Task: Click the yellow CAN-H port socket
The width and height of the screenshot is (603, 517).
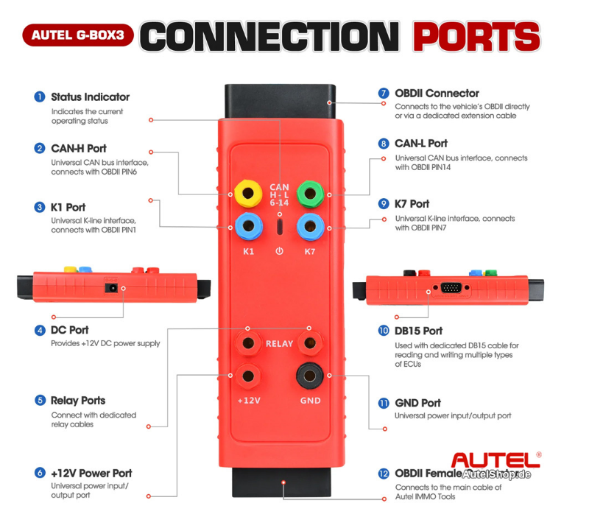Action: coord(248,194)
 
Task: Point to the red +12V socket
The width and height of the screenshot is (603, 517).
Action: coord(248,376)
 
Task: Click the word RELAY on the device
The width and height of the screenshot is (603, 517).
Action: coord(279,343)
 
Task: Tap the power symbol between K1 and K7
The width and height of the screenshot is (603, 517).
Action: coord(279,251)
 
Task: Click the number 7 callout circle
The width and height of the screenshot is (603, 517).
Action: coord(384,94)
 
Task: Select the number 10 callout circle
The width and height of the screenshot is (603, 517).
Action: coord(384,331)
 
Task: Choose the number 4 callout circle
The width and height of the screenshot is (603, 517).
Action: coord(40,330)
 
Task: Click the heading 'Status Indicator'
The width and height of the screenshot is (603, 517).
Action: coord(90,96)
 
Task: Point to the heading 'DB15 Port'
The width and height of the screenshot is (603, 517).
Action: coord(419,331)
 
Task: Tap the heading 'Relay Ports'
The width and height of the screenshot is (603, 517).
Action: coord(78,401)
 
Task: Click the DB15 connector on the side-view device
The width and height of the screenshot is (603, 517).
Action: coord(452,288)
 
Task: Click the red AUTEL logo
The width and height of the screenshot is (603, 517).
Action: coord(494,460)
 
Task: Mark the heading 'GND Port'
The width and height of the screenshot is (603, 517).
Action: coord(417,403)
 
